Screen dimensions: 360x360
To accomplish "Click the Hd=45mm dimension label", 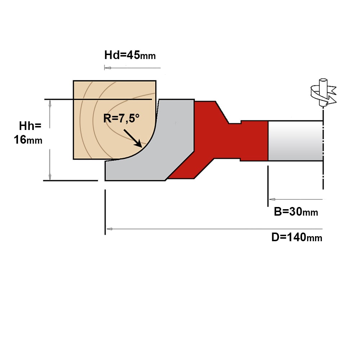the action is point(130,55).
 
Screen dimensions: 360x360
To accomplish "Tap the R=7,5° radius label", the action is point(121,118).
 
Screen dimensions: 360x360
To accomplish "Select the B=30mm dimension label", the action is point(296,212).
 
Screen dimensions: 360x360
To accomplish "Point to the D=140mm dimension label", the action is point(297,237).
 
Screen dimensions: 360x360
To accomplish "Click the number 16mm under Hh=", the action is point(28,140).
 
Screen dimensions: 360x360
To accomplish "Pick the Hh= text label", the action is point(30,126).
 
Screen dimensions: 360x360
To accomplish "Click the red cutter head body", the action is point(220,140).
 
